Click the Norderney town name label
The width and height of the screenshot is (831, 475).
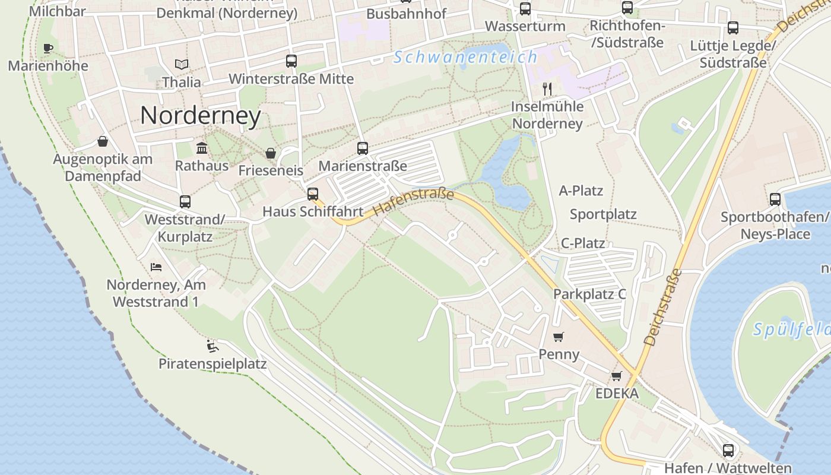[x=201, y=116]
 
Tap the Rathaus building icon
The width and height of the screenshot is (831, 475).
[x=202, y=148]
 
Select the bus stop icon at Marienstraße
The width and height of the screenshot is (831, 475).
[x=362, y=148]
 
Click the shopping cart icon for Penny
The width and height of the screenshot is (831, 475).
[x=558, y=337]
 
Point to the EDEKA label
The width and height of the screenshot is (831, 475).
[x=617, y=393]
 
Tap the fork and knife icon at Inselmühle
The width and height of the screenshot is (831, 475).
[x=547, y=89]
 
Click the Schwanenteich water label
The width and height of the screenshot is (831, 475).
[x=465, y=58]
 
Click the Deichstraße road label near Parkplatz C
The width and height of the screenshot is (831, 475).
[x=663, y=308]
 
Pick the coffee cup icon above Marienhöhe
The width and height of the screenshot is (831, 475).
[x=48, y=48]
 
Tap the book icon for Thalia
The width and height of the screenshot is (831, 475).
[x=182, y=64]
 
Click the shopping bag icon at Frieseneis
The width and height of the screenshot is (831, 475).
[x=271, y=153]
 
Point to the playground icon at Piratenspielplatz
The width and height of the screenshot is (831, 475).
[x=212, y=346]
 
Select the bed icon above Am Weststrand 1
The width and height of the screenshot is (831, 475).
[x=156, y=267]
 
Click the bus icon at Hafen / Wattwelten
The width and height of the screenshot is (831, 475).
[x=728, y=450]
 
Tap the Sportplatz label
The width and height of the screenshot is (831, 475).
[x=603, y=214]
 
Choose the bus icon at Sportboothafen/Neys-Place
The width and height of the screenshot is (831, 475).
[x=775, y=199]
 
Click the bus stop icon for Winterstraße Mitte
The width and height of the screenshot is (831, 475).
[x=291, y=61]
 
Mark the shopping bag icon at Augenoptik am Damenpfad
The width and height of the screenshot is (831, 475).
[x=103, y=141]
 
